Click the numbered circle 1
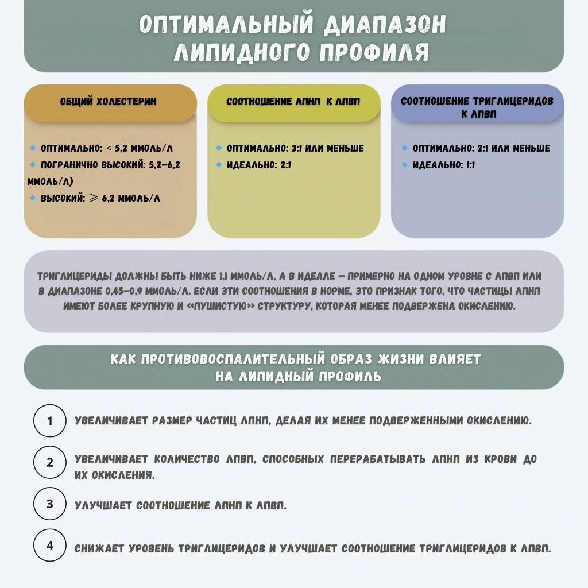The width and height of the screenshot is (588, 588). coord(50,421)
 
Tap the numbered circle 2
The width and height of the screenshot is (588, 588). coord(50,462)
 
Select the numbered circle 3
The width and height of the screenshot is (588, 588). coord(50,504)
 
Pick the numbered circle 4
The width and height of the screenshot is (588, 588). coord(50,546)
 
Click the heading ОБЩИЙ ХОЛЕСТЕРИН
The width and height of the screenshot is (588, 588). coord(109,102)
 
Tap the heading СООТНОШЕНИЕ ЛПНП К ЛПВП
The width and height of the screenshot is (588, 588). coord(293,102)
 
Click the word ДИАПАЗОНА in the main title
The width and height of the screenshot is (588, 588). coord(384,24)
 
